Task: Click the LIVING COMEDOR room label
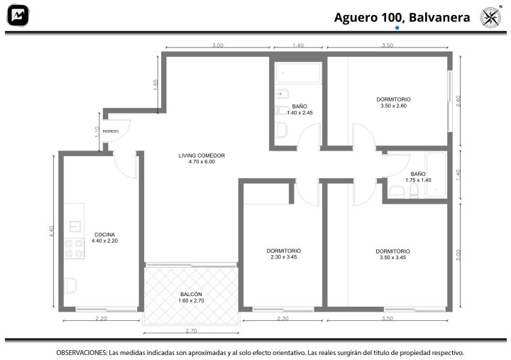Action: click(x=202, y=158)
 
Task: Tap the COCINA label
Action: click(x=104, y=238)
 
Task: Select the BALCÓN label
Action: click(x=191, y=298)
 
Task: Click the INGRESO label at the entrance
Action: click(x=111, y=131)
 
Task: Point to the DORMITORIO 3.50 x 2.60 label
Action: click(x=393, y=102)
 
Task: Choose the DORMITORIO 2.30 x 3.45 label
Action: click(x=283, y=253)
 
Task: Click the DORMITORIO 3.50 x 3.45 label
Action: click(x=392, y=254)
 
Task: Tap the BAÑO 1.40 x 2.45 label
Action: click(x=300, y=109)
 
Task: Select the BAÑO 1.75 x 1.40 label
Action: click(x=418, y=177)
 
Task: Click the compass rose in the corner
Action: click(x=491, y=17)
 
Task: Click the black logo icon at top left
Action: click(x=18, y=16)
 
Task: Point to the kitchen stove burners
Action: click(x=75, y=249)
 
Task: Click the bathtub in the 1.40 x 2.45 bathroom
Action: click(x=298, y=72)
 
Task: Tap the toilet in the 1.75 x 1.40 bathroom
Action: click(x=414, y=191)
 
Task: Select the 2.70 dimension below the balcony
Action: click(x=191, y=331)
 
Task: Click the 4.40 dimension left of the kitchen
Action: click(x=52, y=231)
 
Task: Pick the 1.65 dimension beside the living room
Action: click(x=155, y=84)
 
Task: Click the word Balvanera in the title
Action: click(x=439, y=17)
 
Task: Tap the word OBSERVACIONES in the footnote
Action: click(x=82, y=353)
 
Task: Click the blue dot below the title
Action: click(x=397, y=28)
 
